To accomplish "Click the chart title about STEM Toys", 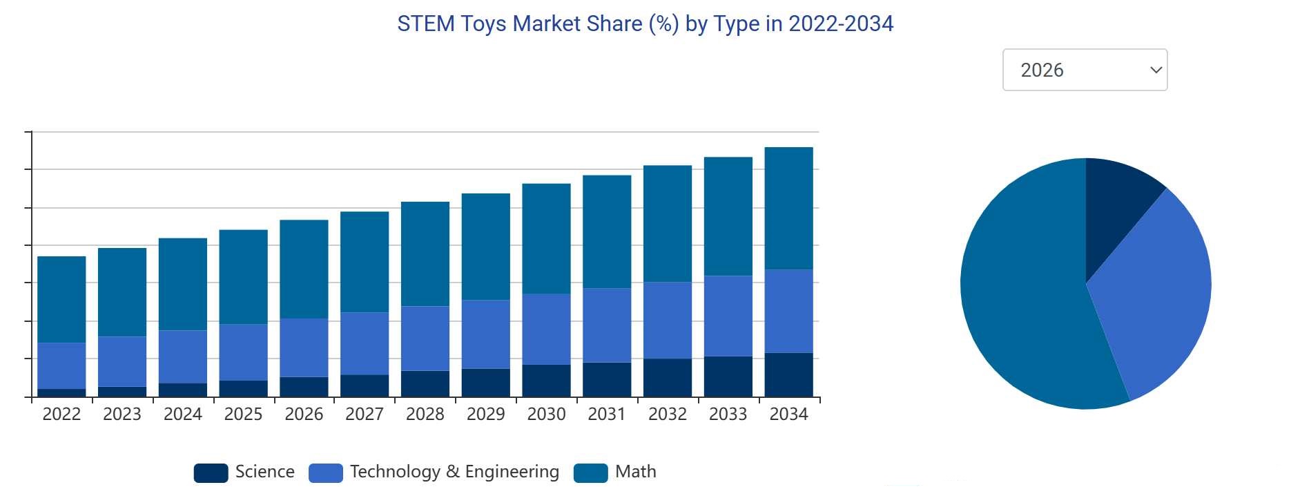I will point(645,24).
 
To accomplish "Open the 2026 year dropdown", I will point(1084,70).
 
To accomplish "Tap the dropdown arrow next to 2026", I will point(1156,70).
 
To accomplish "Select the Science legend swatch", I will point(211,473).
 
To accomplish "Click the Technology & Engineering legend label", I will point(454,472).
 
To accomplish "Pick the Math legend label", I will point(635,472).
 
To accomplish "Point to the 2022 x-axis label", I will point(61,414).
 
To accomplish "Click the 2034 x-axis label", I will point(788,414).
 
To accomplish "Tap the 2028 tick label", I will point(425,414).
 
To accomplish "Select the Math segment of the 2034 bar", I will point(788,208).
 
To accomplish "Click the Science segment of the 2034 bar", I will point(788,375).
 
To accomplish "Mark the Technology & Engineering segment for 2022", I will point(61,365).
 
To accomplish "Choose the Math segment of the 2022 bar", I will point(61,299).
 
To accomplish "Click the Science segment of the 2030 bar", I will point(546,381).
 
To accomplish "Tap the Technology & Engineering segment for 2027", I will point(365,343).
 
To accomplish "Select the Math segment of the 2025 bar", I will point(243,276).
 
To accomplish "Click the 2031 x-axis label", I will point(606,414).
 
